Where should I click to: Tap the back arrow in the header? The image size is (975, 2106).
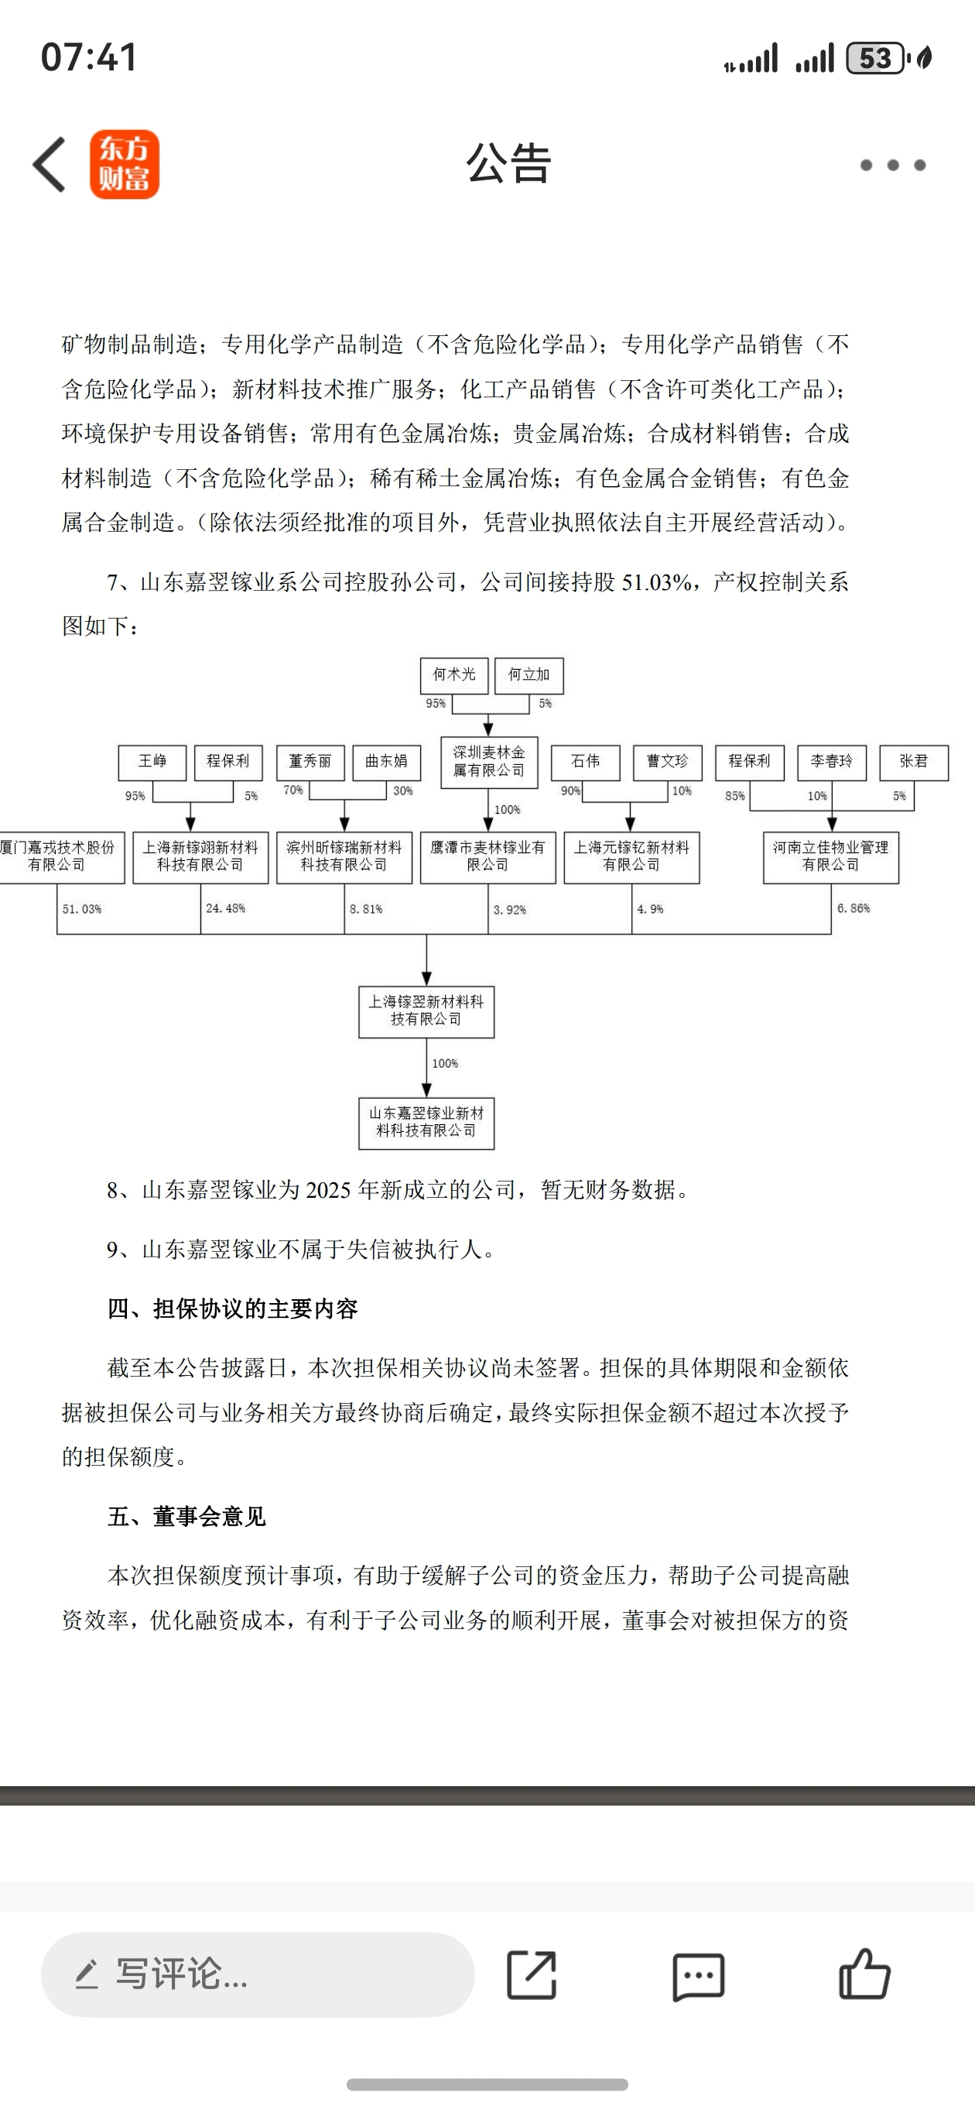click(49, 164)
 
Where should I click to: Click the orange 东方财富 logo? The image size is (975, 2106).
click(125, 164)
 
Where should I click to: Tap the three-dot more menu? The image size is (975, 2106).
click(892, 165)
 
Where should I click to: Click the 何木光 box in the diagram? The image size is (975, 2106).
click(454, 675)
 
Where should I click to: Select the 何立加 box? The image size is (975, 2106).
click(529, 675)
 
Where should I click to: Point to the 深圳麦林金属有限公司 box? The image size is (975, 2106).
click(489, 762)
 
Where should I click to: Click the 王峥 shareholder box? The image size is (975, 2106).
click(152, 762)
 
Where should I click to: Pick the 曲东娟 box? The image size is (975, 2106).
click(387, 762)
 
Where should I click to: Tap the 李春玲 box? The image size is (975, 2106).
click(831, 762)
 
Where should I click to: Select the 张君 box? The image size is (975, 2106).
click(914, 762)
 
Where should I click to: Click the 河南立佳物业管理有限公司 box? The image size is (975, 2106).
click(830, 857)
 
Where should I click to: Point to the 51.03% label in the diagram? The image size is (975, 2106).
click(82, 909)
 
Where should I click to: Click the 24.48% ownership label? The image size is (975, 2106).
click(226, 908)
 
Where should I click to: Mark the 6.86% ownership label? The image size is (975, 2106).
click(854, 908)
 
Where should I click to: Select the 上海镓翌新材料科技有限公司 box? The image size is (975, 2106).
click(426, 1011)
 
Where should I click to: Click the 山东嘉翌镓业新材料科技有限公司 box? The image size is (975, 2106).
click(426, 1123)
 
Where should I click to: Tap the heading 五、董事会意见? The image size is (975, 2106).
click(187, 1517)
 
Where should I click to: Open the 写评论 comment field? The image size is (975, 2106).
click(258, 1974)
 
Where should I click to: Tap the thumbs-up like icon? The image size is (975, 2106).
click(864, 1974)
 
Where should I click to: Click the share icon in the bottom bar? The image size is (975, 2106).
click(532, 1974)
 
